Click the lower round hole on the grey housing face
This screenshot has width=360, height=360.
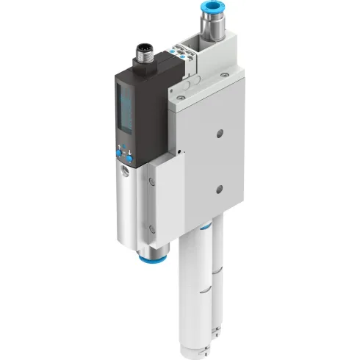(219, 191)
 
